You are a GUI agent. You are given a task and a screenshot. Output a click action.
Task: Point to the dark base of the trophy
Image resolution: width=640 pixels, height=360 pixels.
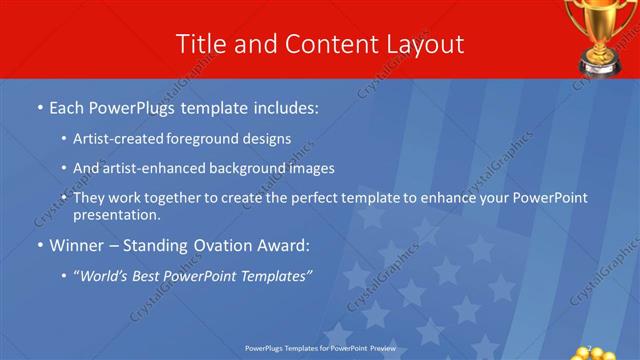click(x=603, y=66)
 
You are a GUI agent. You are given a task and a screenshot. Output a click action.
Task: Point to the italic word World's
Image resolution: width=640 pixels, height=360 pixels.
click(x=103, y=275)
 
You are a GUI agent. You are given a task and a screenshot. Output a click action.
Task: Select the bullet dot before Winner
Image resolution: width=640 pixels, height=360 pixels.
click(x=39, y=245)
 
